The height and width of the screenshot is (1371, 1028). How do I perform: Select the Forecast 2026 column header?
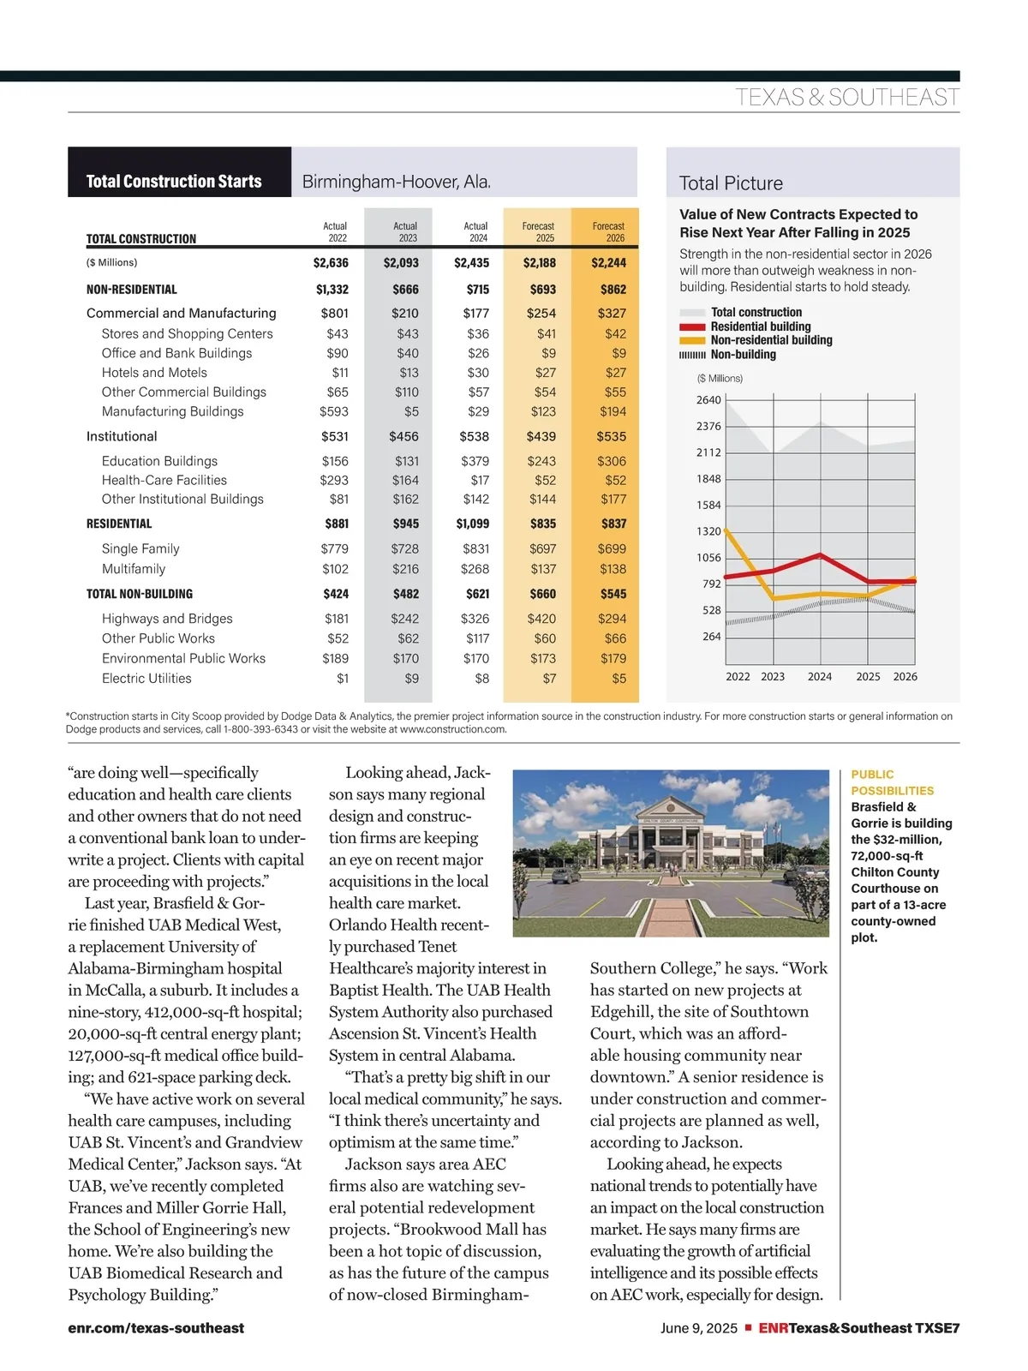click(x=608, y=232)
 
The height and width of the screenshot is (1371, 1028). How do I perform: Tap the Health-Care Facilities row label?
click(x=164, y=480)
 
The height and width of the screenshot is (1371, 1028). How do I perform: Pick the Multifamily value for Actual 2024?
click(x=475, y=569)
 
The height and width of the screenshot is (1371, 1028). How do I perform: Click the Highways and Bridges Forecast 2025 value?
click(x=541, y=619)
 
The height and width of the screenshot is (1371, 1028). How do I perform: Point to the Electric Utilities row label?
click(x=146, y=679)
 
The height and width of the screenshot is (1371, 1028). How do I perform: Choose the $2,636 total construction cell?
click(x=331, y=263)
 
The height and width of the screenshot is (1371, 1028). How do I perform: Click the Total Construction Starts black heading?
click(x=174, y=182)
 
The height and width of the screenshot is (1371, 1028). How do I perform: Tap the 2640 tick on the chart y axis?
click(x=708, y=400)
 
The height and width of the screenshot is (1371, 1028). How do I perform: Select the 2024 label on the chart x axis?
click(x=820, y=677)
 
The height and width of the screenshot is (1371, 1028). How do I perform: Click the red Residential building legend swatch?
click(x=692, y=326)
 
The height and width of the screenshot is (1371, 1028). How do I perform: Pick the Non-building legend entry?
click(x=743, y=355)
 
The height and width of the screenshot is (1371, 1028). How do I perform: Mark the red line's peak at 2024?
click(x=821, y=554)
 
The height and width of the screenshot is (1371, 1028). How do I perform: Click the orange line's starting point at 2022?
click(x=726, y=530)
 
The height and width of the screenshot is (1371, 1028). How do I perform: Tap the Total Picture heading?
click(x=731, y=183)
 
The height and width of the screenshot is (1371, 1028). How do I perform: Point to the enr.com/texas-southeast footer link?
click(x=156, y=1328)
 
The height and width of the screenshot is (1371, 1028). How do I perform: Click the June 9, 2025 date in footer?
click(x=698, y=1328)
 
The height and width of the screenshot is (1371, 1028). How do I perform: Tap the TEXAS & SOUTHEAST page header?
click(x=846, y=98)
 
